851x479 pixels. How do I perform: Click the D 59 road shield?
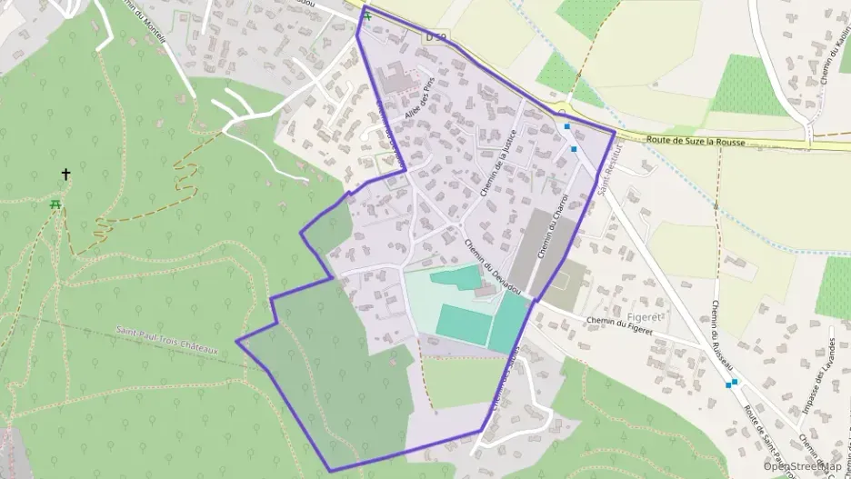point(436,36)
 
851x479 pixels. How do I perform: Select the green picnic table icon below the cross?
point(56,205)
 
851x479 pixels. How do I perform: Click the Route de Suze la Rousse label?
point(696,142)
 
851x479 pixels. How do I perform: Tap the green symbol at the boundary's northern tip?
point(367,16)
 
